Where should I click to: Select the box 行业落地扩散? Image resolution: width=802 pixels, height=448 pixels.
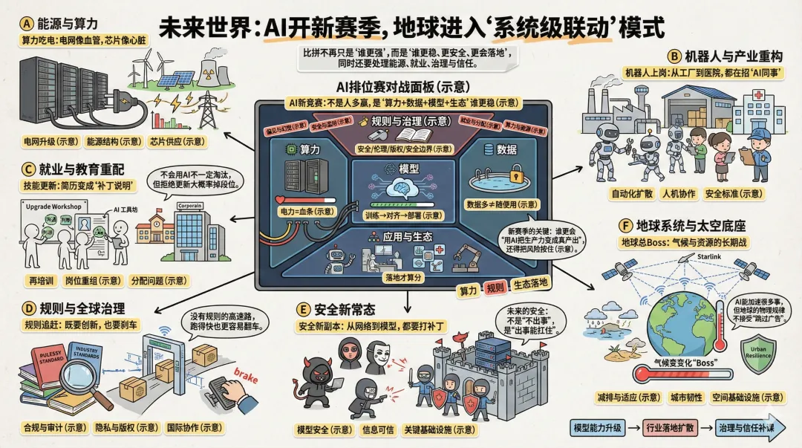[669, 428]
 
